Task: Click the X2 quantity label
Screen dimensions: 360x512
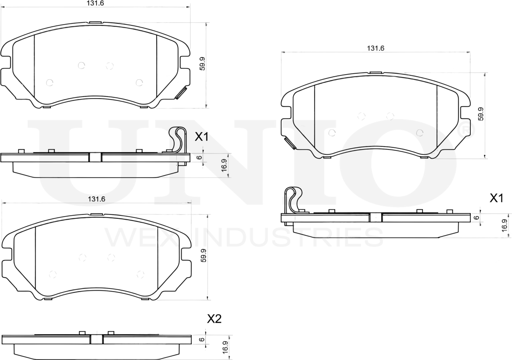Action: coord(214,319)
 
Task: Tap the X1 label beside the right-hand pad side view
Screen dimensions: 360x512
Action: coord(496,199)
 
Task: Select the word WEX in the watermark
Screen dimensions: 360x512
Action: coord(140,237)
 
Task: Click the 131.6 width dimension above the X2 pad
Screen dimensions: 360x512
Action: coord(97,199)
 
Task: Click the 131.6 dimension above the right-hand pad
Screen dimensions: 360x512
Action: coord(376,48)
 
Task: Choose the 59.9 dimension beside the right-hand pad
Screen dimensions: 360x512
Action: coord(481,114)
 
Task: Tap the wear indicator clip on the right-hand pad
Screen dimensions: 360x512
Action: coord(290,143)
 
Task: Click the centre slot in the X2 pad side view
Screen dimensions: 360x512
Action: coord(96,339)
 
